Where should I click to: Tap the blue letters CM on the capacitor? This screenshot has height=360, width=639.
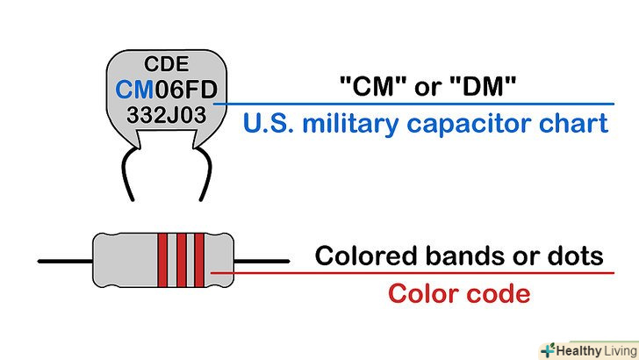(133, 89)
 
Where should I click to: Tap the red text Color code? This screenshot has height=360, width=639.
(459, 292)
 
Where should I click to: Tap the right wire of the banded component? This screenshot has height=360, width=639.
(264, 260)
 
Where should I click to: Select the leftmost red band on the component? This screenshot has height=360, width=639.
(162, 260)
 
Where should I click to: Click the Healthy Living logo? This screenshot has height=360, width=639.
(587, 349)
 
